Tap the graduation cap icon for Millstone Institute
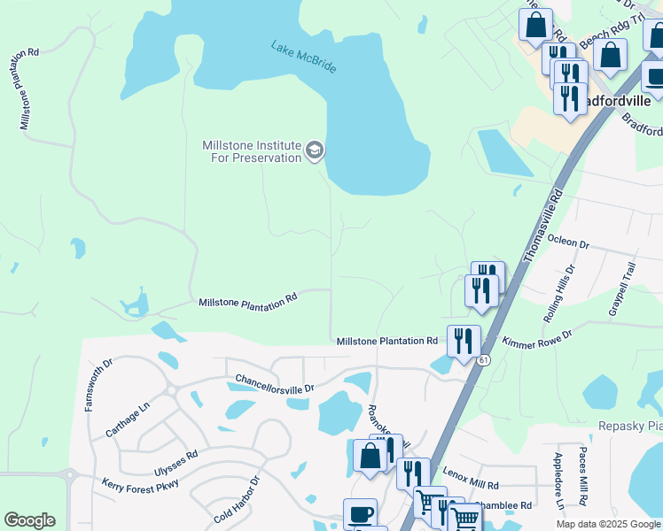(x=314, y=151)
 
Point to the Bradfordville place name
(x=625, y=101)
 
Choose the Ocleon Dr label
(x=568, y=242)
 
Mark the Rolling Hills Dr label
(x=559, y=292)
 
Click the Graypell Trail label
(x=622, y=289)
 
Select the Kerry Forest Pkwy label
(x=140, y=484)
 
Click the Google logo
(x=29, y=520)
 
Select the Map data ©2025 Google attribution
(x=607, y=524)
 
